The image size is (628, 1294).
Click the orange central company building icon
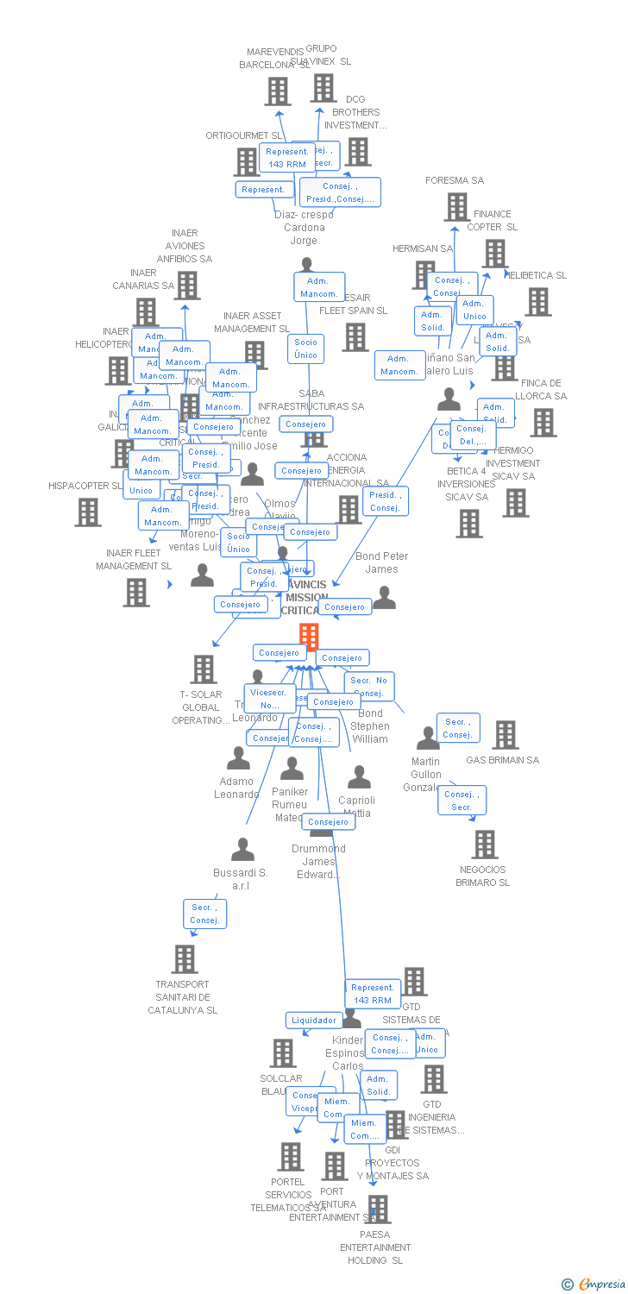309,637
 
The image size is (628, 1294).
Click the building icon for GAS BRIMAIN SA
506,735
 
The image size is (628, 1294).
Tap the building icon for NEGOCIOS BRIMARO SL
485,845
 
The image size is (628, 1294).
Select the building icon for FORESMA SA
456,207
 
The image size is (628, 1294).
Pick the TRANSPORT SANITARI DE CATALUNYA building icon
184,959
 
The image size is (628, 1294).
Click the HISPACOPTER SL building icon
87,512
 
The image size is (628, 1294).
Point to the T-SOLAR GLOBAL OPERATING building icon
204,669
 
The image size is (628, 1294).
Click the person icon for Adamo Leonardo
238,758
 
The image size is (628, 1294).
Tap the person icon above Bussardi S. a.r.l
243,849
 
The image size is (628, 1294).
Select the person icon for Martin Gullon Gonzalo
428,738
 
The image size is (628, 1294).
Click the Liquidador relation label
313,1021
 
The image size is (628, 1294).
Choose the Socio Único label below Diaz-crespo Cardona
305,349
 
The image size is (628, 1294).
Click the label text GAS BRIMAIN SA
502,760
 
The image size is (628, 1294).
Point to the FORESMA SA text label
455,180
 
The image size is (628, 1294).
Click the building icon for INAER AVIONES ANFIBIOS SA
186,286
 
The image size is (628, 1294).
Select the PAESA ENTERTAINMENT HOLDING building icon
377,1209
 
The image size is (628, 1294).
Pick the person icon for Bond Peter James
384,597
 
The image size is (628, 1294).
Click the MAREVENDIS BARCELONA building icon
278,91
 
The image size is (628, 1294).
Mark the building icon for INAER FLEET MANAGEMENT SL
135,593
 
